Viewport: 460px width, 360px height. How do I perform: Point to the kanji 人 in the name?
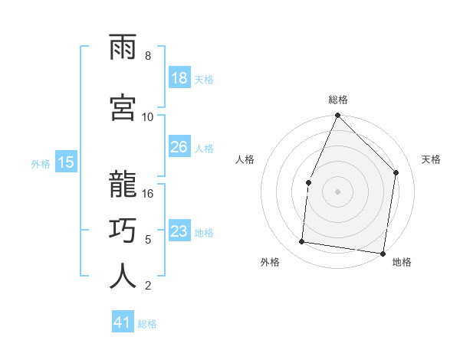coord(123,277)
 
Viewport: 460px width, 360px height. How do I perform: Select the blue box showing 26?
coord(179,147)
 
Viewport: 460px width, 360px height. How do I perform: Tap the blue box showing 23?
coord(179,231)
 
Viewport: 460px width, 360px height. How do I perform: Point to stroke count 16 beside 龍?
coord(148,193)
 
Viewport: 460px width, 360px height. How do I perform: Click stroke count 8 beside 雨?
coord(148,56)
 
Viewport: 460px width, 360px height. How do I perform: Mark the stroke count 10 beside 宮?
coord(148,116)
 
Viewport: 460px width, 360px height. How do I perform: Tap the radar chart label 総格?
coord(337,100)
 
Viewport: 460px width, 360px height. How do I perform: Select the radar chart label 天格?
coord(431,159)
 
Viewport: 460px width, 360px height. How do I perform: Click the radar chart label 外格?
coord(270,262)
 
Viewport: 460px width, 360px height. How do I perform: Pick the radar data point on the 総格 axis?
coord(337,116)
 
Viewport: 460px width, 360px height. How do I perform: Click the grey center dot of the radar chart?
coord(337,191)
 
